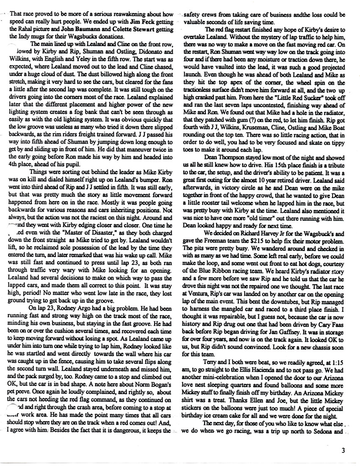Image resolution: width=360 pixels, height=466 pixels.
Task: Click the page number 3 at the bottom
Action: click(x=343, y=451)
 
